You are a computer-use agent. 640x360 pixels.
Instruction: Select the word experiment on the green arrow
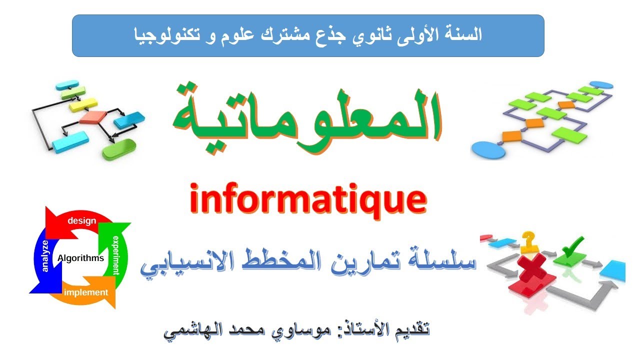[x=116, y=254]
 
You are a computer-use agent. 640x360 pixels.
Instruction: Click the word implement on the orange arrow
[x=86, y=292]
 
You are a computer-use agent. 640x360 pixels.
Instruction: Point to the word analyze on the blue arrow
[x=45, y=256]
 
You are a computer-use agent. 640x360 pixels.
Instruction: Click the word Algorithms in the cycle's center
[x=81, y=258]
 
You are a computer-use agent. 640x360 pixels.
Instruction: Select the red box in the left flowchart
[x=93, y=117]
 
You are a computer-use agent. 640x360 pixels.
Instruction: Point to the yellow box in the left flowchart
[x=82, y=104]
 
